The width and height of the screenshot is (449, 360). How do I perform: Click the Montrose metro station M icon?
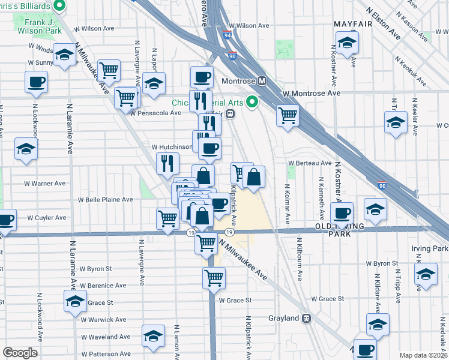(x=262, y=81)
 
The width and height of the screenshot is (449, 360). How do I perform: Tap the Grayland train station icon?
(x=307, y=318)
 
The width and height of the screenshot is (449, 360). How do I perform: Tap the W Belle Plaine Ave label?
(x=106, y=199)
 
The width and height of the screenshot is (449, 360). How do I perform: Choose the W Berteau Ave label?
(x=310, y=163)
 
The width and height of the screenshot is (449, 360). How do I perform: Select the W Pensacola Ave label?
(x=154, y=112)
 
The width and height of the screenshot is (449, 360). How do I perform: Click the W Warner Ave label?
(x=48, y=183)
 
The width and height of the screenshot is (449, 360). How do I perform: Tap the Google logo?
(x=20, y=353)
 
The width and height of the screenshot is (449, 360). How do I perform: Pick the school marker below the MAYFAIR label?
(x=348, y=43)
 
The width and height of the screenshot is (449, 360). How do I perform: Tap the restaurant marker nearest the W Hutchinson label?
(x=167, y=162)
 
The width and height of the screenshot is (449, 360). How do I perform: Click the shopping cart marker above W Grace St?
(x=214, y=277)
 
